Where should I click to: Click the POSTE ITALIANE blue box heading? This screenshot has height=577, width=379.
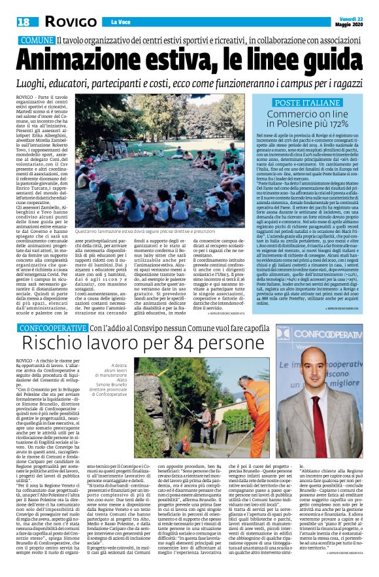click(x=310, y=104)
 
